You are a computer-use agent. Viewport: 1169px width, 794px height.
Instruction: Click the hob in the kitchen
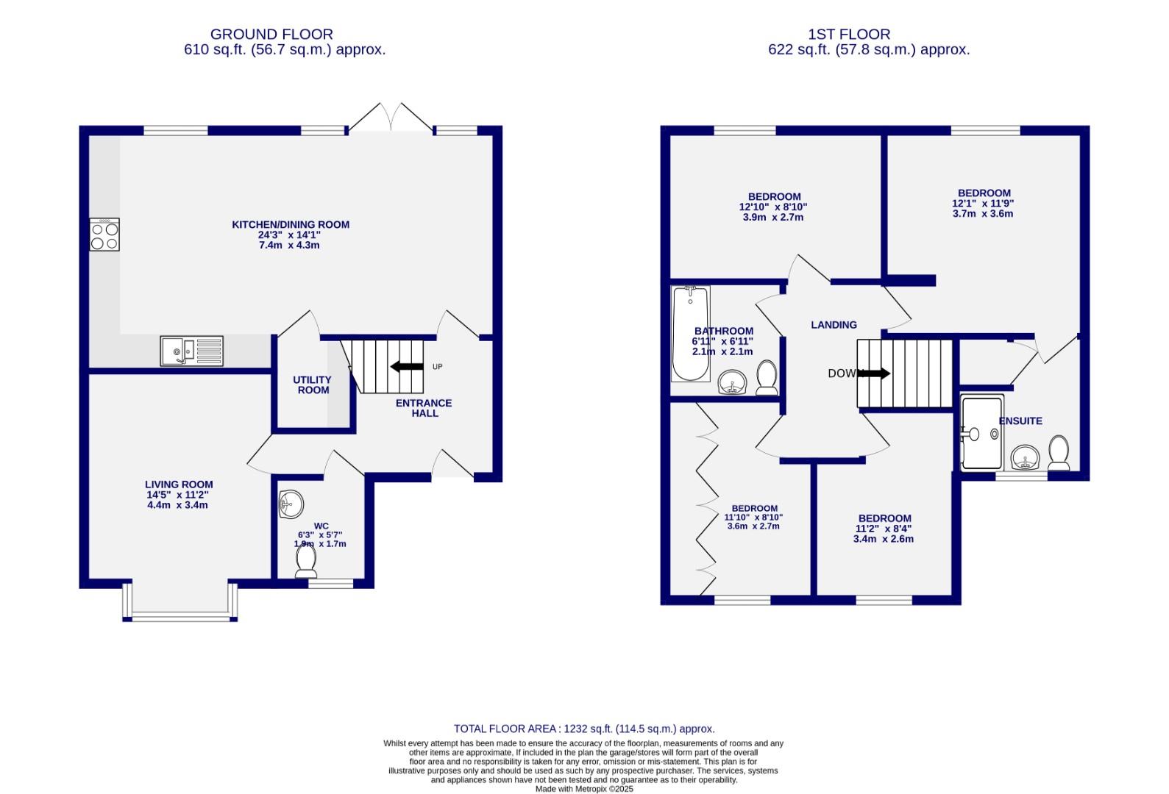104,235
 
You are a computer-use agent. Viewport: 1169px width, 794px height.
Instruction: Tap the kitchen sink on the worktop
191,351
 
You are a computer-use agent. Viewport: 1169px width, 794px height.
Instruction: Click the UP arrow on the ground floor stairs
407,367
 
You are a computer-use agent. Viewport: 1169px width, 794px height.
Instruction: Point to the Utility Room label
313,385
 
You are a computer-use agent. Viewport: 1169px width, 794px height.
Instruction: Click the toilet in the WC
306,562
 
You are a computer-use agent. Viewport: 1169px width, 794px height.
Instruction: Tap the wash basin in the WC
291,504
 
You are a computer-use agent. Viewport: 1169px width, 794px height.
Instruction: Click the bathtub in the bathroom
690,334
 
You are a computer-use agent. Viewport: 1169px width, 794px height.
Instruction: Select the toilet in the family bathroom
767,377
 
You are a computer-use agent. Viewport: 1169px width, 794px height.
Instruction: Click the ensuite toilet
1059,453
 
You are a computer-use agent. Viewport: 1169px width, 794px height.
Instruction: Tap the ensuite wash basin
1024,459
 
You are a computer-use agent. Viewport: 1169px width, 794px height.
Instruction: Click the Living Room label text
179,484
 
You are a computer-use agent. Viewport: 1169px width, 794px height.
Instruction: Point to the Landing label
834,325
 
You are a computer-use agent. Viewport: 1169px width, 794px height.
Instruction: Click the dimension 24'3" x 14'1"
289,235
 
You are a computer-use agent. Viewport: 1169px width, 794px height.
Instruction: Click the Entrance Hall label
424,408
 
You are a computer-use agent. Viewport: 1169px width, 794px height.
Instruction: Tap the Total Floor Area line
584,729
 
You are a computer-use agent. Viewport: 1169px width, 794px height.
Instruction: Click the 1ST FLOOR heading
848,34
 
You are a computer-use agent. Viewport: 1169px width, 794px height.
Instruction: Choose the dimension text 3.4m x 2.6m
883,539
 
